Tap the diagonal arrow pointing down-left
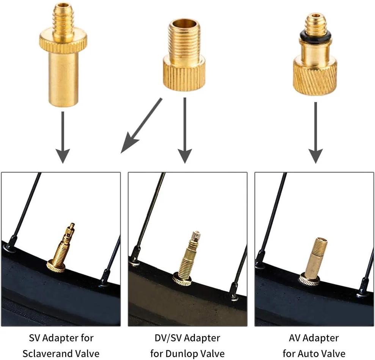pyautogui.click(x=141, y=125)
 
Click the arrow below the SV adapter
pyautogui.click(x=63, y=137)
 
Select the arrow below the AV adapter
pyautogui.click(x=316, y=133)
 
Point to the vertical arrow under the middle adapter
pyautogui.click(x=185, y=130)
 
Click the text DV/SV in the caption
pyautogui.click(x=168, y=338)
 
